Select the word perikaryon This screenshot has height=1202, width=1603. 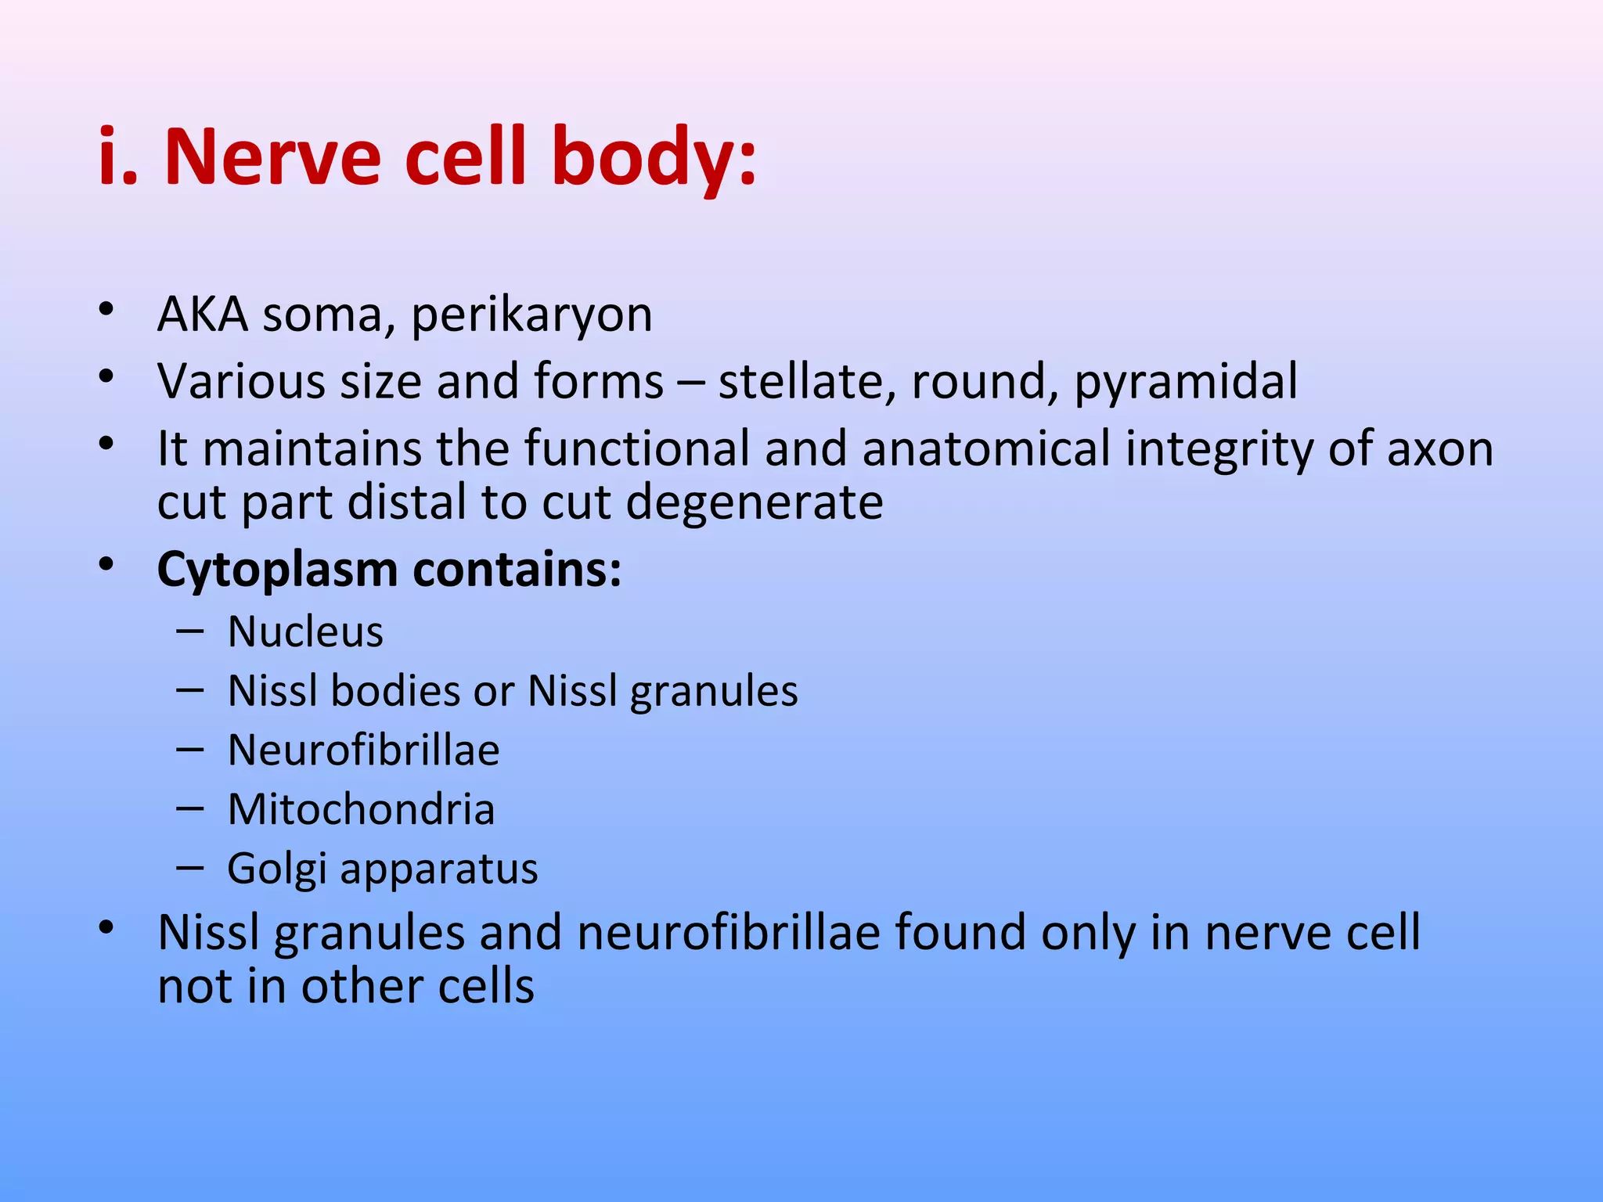tap(531, 315)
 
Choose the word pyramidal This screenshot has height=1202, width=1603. tap(1186, 382)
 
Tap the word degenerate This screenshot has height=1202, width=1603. tap(755, 502)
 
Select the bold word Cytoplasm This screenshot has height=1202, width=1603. tap(278, 570)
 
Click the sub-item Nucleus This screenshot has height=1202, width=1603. tap(305, 632)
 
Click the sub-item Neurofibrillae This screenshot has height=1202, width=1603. tap(363, 750)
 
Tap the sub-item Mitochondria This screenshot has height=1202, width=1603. tap(361, 809)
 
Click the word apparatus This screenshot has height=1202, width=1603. tap(439, 869)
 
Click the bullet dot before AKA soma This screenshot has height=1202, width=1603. tap(106, 308)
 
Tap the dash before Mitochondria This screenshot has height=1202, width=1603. tap(190, 808)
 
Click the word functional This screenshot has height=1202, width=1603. tap(636, 449)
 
